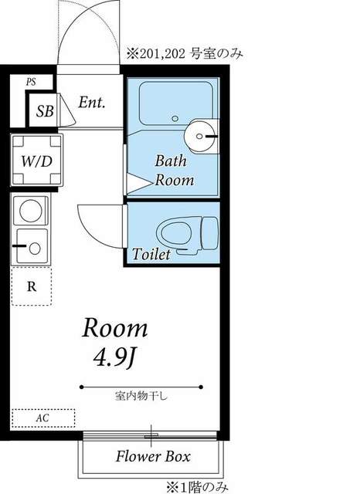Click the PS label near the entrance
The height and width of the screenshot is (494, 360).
[x=31, y=83]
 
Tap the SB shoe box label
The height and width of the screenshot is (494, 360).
[x=45, y=111]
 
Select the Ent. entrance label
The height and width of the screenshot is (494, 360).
[x=91, y=103]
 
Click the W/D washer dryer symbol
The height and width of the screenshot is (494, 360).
[x=37, y=160]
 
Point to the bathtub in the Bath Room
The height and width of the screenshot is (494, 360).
[x=176, y=103]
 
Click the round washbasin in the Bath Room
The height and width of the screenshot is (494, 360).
[x=202, y=136]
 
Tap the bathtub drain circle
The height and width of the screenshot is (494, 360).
[x=175, y=118]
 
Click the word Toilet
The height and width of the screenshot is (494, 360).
[x=151, y=254]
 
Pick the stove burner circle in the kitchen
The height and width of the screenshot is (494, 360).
[x=31, y=211]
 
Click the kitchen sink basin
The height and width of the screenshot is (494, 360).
[x=32, y=246]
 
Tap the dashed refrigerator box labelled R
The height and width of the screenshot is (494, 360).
[x=32, y=286]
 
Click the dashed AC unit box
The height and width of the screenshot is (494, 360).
[x=43, y=418]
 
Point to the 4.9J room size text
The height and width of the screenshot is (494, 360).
[x=115, y=358]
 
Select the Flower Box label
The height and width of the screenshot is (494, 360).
[x=153, y=456]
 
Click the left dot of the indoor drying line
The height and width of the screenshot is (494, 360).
[x=82, y=387]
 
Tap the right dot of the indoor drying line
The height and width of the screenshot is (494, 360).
[x=201, y=387]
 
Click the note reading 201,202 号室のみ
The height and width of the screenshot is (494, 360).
[x=185, y=54]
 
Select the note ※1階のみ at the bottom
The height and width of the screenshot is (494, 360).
[x=197, y=487]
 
